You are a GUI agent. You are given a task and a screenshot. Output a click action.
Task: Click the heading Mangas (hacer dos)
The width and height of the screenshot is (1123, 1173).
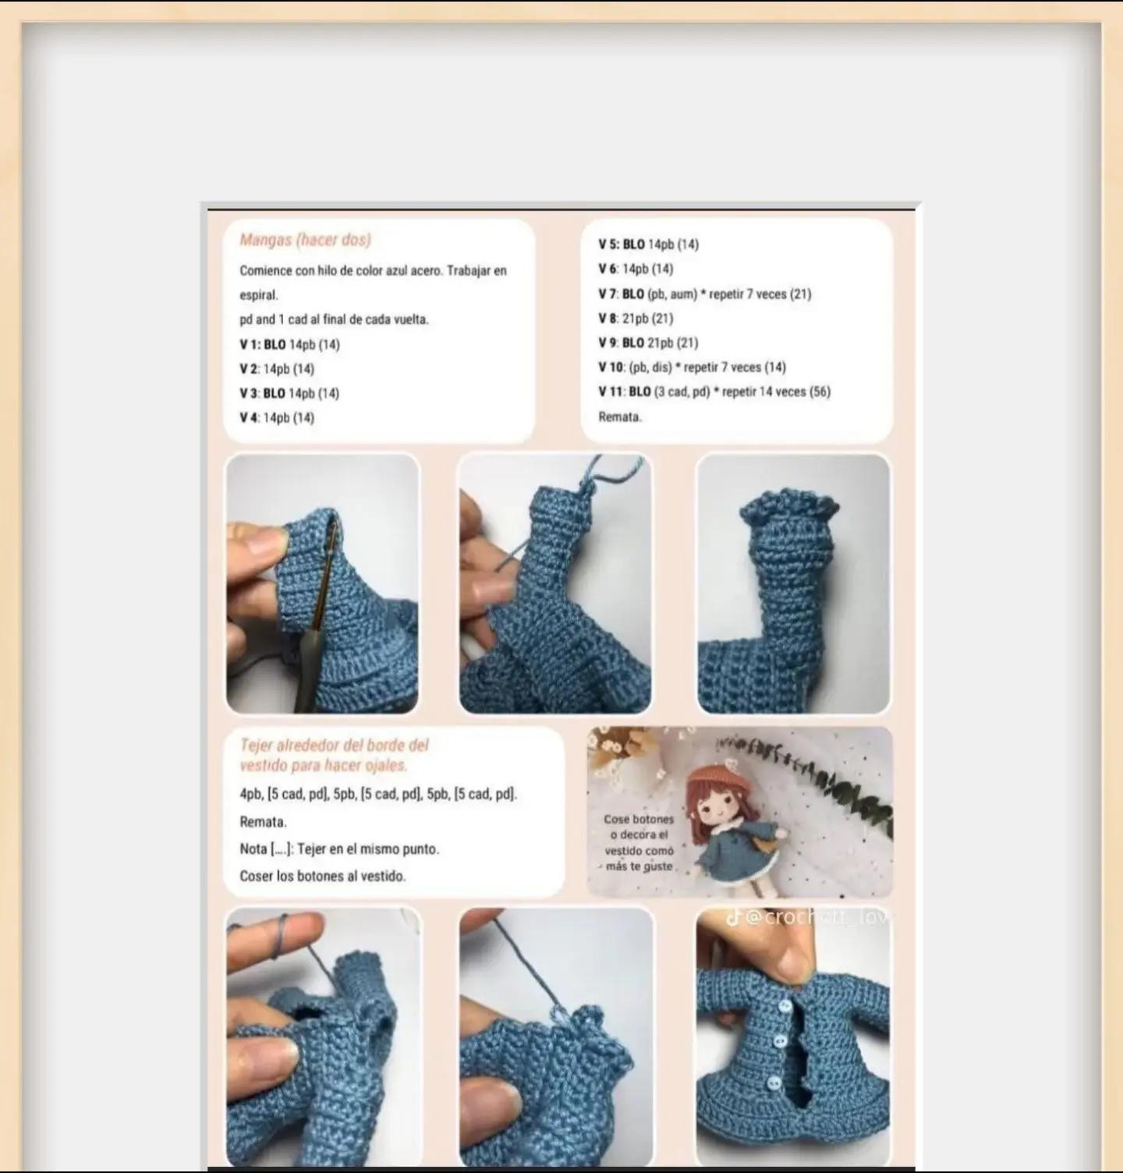click(x=305, y=240)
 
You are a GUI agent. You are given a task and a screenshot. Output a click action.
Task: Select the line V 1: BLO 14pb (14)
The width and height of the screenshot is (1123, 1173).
click(x=289, y=345)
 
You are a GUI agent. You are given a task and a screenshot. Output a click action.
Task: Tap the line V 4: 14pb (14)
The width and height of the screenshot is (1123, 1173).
click(x=277, y=418)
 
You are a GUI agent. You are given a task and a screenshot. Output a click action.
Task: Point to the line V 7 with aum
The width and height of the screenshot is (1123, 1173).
click(x=704, y=294)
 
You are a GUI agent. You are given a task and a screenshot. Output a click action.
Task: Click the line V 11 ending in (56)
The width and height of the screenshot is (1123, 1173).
click(x=714, y=392)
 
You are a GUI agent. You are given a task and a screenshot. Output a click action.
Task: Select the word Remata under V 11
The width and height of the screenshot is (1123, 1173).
click(x=620, y=416)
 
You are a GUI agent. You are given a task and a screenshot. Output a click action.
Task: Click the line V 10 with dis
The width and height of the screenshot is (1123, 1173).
click(x=692, y=367)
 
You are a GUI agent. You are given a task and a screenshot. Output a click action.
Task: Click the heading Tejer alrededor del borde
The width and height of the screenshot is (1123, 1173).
click(x=334, y=754)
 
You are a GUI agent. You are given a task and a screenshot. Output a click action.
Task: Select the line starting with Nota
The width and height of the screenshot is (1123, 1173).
click(x=339, y=849)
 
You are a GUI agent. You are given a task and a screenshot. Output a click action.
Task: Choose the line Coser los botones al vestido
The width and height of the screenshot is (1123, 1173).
click(x=322, y=876)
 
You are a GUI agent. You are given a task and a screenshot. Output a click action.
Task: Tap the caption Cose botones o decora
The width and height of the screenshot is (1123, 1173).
click(x=639, y=842)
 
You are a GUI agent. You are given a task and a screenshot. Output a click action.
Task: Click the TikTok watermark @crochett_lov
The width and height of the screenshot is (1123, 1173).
click(x=811, y=917)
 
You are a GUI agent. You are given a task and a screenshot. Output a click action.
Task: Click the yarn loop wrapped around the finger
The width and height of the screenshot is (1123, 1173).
click(x=284, y=925)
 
